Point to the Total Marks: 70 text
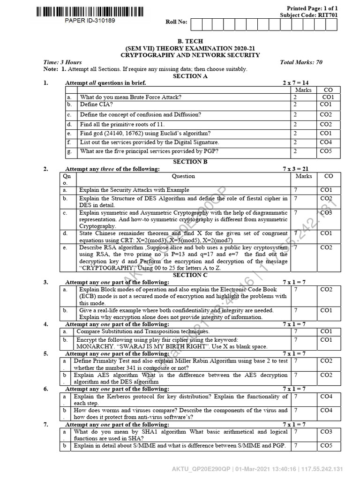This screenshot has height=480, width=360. click(301, 62)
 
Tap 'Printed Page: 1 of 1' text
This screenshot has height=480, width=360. click(312, 8)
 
